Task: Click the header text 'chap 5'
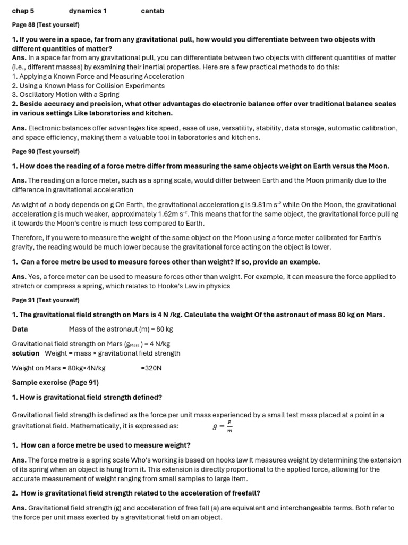(x=23, y=11)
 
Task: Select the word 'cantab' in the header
(x=152, y=11)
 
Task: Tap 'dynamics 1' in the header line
(x=88, y=11)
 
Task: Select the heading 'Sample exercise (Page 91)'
(x=55, y=382)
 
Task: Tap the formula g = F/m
(x=223, y=426)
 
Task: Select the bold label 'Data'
(x=20, y=329)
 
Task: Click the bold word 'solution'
(x=25, y=353)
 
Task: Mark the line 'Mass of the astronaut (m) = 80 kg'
(x=121, y=329)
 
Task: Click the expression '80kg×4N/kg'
(x=84, y=368)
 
